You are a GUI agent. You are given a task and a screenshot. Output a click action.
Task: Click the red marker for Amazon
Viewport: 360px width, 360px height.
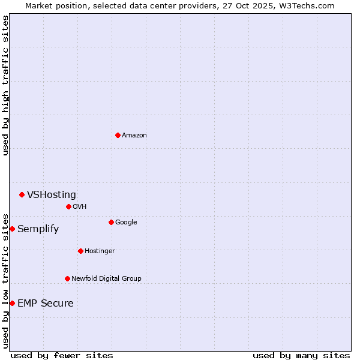click(118, 135)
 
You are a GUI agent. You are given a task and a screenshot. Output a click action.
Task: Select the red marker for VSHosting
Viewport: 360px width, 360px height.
click(22, 194)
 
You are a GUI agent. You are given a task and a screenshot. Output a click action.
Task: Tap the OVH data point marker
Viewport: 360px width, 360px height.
click(68, 206)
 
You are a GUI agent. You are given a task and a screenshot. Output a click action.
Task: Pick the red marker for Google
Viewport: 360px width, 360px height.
click(111, 222)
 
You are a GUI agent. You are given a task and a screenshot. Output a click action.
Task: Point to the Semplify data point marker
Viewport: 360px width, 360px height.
click(12, 229)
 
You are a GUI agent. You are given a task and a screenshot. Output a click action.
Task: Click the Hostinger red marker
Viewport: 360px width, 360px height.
click(80, 251)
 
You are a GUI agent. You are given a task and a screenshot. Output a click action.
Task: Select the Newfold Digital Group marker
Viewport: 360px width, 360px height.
click(67, 278)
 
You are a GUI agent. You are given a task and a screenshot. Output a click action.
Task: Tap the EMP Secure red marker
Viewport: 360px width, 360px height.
click(12, 303)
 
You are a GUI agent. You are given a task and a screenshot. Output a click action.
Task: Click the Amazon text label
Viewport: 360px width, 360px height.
click(134, 136)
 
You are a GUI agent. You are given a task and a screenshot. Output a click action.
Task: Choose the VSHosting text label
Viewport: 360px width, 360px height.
click(52, 194)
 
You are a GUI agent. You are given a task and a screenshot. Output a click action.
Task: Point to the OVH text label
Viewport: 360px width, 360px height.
click(80, 207)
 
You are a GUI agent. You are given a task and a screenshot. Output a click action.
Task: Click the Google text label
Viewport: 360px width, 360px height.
click(126, 223)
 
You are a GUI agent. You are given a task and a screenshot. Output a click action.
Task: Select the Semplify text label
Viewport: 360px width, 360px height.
click(38, 229)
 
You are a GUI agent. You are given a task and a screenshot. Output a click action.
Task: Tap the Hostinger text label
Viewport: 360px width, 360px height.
click(100, 251)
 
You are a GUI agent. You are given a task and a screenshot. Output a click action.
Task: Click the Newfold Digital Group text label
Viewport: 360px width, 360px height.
click(106, 279)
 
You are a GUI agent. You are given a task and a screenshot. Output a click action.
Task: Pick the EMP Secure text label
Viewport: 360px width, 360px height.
click(46, 304)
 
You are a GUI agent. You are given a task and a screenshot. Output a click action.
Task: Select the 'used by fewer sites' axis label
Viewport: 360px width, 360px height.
click(62, 355)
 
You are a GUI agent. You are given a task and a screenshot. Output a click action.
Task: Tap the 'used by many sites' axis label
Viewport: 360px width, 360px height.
click(301, 355)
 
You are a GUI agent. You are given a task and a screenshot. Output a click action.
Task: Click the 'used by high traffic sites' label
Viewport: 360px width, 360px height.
click(6, 85)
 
